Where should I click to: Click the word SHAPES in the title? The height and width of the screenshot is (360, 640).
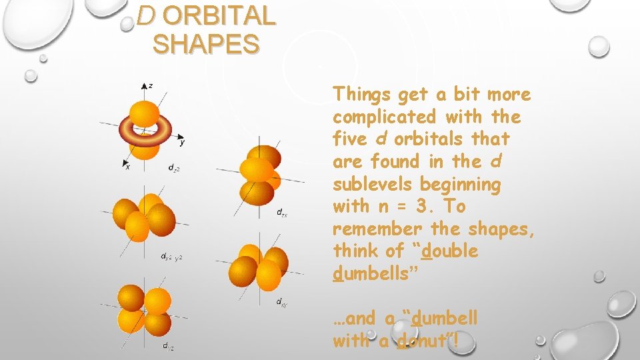pyautogui.click(x=205, y=45)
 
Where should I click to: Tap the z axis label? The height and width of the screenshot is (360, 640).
pyautogui.click(x=151, y=85)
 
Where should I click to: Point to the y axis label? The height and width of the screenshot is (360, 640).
pyautogui.click(x=182, y=141)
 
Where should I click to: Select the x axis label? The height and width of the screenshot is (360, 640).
pyautogui.click(x=127, y=167)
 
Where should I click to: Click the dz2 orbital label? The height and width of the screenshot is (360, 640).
pyautogui.click(x=173, y=167)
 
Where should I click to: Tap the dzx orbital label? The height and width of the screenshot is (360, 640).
pyautogui.click(x=283, y=213)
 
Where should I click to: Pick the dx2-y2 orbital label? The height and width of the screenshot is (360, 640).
pyautogui.click(x=171, y=256)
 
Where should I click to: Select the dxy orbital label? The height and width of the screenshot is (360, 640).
pyautogui.click(x=282, y=303)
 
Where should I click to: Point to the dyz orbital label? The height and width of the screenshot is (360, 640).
pyautogui.click(x=169, y=345)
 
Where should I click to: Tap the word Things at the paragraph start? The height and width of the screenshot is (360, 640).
pyautogui.click(x=360, y=95)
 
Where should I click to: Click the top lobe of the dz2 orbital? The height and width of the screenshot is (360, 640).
pyautogui.click(x=144, y=111)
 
